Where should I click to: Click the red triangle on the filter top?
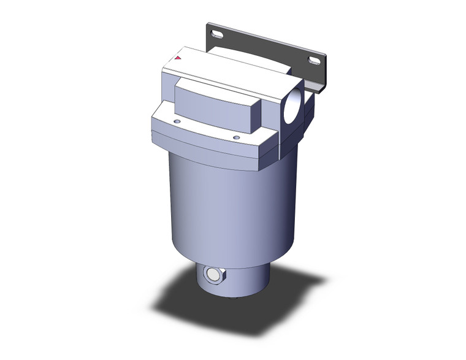pyautogui.click(x=177, y=58)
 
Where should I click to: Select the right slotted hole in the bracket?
pyautogui.click(x=313, y=61)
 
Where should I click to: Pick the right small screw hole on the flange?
pyautogui.click(x=236, y=137)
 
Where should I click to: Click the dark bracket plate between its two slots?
pyautogui.click(x=264, y=46)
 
